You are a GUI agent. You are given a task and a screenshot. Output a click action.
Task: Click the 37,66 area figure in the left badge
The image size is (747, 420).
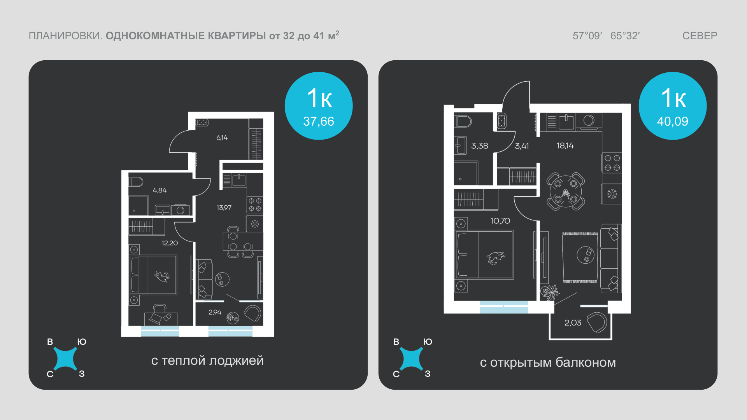318,121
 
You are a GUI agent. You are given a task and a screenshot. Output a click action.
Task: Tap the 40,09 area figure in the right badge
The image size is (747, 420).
672,121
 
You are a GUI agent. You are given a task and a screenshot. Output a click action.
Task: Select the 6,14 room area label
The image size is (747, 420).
222,138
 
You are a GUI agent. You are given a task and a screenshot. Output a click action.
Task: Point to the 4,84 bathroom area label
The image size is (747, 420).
160,190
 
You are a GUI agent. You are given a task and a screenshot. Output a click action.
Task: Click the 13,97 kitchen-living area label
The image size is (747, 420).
224,208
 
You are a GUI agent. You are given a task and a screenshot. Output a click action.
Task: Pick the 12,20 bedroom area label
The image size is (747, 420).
170,243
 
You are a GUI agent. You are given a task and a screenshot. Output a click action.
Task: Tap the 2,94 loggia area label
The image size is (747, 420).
215,312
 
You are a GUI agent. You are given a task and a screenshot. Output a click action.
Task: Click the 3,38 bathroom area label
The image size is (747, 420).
479,146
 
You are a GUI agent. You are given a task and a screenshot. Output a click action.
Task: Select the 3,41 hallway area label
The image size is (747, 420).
522,146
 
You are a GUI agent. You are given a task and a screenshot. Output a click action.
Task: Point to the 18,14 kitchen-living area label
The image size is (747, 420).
565,146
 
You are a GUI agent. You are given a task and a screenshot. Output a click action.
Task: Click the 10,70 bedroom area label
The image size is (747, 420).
500,221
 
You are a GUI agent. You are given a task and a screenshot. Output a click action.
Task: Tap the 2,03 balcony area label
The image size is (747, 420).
573,323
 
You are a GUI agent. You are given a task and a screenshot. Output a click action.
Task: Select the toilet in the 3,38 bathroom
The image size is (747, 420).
463,121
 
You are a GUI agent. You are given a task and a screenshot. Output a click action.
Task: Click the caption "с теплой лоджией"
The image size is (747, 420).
207,360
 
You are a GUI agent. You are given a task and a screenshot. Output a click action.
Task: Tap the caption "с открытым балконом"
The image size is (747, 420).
548,362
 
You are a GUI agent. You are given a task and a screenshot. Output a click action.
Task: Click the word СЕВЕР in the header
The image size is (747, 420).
700,36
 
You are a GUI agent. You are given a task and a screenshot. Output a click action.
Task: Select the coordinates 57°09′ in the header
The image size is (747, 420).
587,36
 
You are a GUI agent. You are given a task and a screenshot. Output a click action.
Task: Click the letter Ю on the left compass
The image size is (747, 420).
82,342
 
